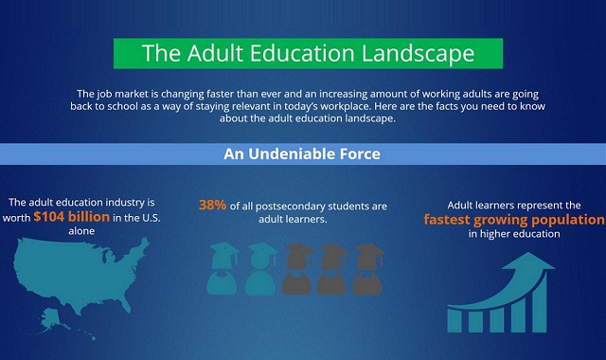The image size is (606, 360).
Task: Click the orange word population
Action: (559, 220)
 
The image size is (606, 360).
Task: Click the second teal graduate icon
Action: (260, 269)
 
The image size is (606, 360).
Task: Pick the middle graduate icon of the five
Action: (298, 269)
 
